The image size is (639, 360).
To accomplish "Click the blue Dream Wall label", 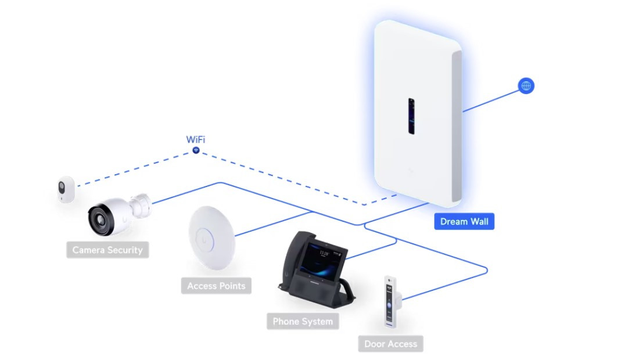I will pos(464,221).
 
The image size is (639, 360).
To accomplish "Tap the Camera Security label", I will pos(107,250).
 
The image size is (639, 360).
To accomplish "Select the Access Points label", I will pos(216,286).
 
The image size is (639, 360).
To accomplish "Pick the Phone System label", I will pos(303,321).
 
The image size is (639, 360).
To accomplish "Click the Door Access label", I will pos(390,344).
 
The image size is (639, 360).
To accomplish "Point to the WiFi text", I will pos(195,139).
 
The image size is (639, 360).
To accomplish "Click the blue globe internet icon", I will pos(526,87).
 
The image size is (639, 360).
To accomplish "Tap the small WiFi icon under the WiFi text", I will pos(196,150).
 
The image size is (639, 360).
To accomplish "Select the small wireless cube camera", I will pos(66,189).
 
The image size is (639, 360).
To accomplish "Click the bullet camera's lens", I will pos(99,219).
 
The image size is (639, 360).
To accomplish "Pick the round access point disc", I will pos(211,238).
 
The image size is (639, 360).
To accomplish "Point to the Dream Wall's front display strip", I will pos(411,116).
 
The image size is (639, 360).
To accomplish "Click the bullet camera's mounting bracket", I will pos(140,204).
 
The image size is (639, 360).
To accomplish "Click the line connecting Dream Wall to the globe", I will pos(491,99).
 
